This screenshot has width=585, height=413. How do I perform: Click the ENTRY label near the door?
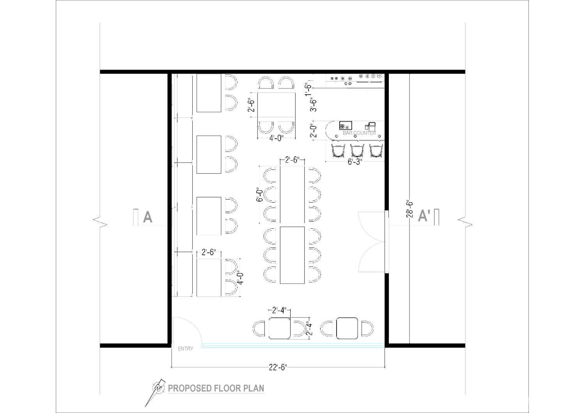[185, 349]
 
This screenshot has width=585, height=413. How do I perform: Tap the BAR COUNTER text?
[359, 133]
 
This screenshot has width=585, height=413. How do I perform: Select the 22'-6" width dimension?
[278, 367]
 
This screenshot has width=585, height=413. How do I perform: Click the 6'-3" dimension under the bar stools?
[355, 162]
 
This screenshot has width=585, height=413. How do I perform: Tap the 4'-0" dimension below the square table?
[276, 138]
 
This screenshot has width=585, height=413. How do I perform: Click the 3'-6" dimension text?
[313, 104]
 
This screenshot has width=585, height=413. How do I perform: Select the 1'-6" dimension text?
[308, 89]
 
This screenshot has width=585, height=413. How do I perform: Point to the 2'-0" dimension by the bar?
[313, 130]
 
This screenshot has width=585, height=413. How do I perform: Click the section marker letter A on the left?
[147, 217]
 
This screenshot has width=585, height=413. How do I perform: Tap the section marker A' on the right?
[424, 216]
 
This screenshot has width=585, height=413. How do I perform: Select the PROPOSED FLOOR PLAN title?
[216, 388]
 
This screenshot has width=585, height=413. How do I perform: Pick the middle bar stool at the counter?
[357, 151]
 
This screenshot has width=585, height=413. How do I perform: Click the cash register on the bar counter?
[370, 126]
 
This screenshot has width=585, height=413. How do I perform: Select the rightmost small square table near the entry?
[347, 328]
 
